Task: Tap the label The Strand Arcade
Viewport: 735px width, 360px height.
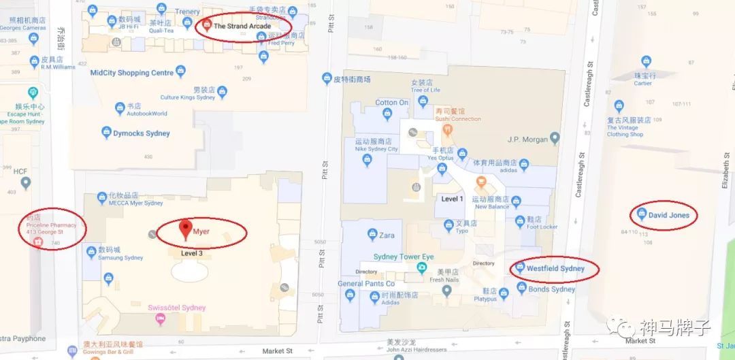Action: [242, 27]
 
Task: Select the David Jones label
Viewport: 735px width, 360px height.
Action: [668, 215]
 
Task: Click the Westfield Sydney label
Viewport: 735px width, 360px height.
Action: [555, 268]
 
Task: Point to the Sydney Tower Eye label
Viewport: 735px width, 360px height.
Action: [403, 257]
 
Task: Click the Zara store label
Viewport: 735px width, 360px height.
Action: [387, 235]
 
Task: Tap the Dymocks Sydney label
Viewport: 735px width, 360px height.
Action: [142, 133]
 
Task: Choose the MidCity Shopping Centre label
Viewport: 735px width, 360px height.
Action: [132, 73]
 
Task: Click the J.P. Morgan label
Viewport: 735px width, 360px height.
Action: [527, 140]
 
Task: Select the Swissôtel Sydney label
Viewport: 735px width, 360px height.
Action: [176, 308]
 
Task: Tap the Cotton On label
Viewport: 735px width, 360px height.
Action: [391, 103]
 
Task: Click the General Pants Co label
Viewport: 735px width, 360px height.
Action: [366, 284]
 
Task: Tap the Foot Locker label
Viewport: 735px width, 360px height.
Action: [542, 227]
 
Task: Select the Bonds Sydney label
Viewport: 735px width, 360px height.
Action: [551, 289]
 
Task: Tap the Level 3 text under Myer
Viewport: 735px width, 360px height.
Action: [192, 253]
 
